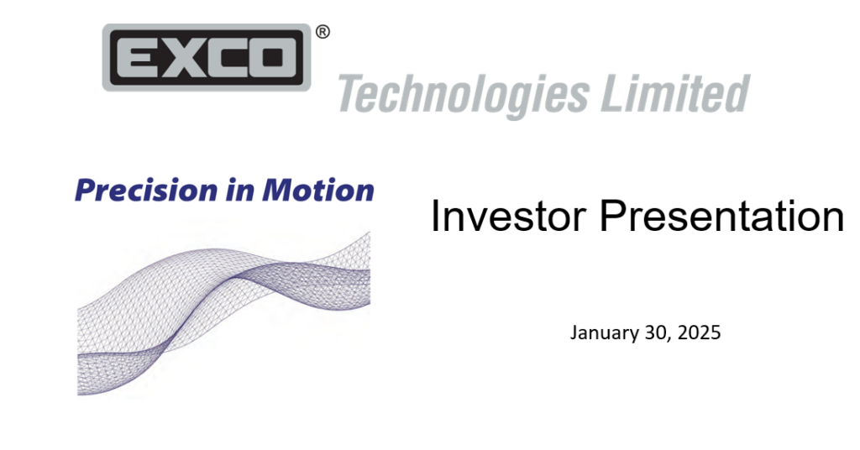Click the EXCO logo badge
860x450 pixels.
point(207,57)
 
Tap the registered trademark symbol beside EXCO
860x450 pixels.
point(322,32)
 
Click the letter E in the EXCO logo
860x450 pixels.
point(137,57)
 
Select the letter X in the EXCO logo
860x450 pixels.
point(182,57)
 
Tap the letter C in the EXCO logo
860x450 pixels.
point(228,57)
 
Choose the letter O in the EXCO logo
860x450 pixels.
point(275,57)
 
